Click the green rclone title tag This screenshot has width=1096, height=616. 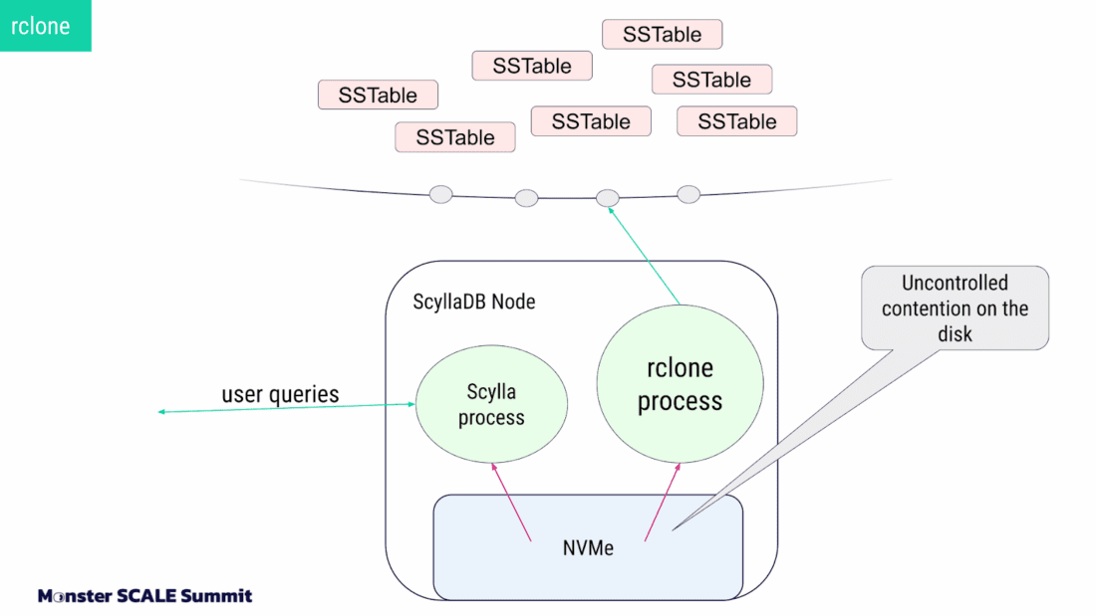[x=45, y=26]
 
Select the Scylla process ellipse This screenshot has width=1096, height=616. [x=491, y=404]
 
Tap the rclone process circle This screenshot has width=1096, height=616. [x=680, y=384]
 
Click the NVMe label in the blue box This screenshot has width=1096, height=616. [x=587, y=547]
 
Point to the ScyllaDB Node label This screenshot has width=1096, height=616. [x=474, y=302]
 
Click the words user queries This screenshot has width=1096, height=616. [x=280, y=394]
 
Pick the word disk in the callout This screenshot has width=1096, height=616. [x=955, y=334]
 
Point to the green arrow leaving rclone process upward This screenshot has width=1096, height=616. [x=646, y=255]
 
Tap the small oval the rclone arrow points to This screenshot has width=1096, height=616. [x=608, y=198]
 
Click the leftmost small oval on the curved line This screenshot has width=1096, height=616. [x=440, y=194]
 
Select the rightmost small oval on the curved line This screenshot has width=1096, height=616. [x=688, y=194]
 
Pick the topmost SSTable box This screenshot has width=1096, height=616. [x=662, y=35]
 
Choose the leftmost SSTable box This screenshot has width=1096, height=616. [x=378, y=96]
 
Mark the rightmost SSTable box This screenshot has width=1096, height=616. [x=736, y=121]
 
